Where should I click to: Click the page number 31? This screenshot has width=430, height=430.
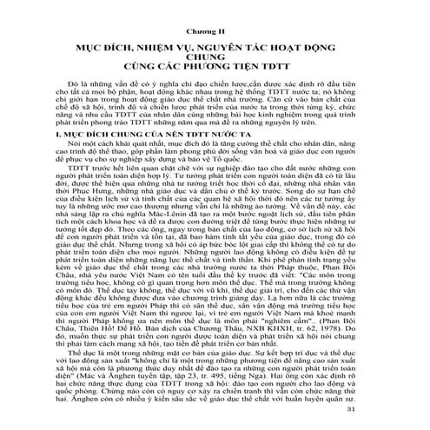pos(391,411)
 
